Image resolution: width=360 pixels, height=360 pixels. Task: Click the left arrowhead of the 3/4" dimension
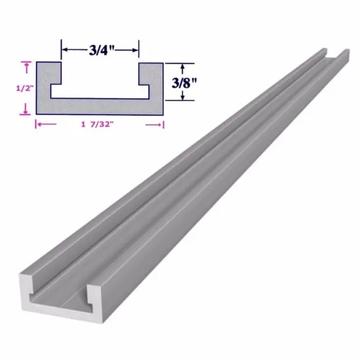point(63,48)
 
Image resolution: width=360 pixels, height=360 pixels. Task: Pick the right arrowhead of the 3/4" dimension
point(136,48)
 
